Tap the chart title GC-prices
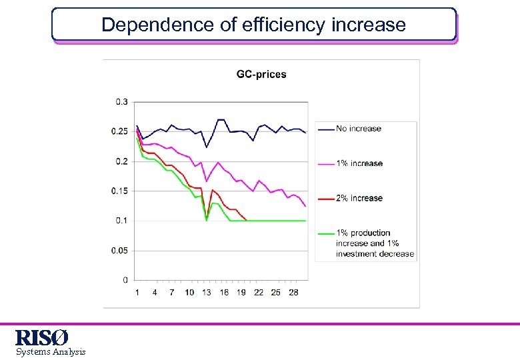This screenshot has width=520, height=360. coord(261,74)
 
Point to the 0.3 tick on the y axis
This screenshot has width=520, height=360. coord(122,102)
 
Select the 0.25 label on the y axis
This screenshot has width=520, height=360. coord(120,131)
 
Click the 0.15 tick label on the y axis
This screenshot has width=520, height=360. coord(120,191)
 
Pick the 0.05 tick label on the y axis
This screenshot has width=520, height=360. coord(120,251)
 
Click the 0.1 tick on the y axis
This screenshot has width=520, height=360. coord(122,221)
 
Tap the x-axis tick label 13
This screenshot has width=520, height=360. coord(207,293)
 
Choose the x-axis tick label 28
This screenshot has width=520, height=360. coord(293,293)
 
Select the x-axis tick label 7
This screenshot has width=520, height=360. coord(172,293)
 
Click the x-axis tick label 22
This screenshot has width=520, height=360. coord(259,293)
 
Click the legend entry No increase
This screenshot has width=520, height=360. coord(359,129)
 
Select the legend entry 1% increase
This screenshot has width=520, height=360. coord(359,163)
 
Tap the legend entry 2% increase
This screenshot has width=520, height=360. coord(359,198)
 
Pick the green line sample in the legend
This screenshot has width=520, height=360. coord(325,233)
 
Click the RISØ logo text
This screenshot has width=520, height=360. coord(41,338)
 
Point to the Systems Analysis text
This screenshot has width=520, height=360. coord(51,352)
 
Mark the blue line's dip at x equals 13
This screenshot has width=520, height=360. coord(207,147)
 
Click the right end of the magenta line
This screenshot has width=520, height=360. coord(305,206)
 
